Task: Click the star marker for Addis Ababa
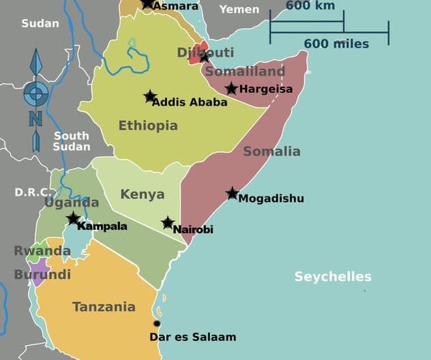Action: [150, 96]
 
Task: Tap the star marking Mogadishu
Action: [233, 193]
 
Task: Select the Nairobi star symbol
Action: [168, 222]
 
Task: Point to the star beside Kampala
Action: [73, 218]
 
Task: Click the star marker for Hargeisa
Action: [231, 88]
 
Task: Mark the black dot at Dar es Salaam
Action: [157, 323]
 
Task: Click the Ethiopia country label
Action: [148, 125]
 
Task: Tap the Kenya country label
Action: [143, 194]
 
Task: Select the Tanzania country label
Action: [104, 307]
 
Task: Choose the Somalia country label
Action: [271, 151]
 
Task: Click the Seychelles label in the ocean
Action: [333, 276]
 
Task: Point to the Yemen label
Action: [239, 9]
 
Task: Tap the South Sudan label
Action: [72, 141]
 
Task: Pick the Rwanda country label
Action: [42, 251]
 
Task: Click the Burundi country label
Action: [42, 275]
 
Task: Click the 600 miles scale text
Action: [336, 44]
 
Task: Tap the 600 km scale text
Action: [310, 6]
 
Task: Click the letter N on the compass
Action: [35, 119]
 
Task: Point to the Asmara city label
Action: [176, 6]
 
